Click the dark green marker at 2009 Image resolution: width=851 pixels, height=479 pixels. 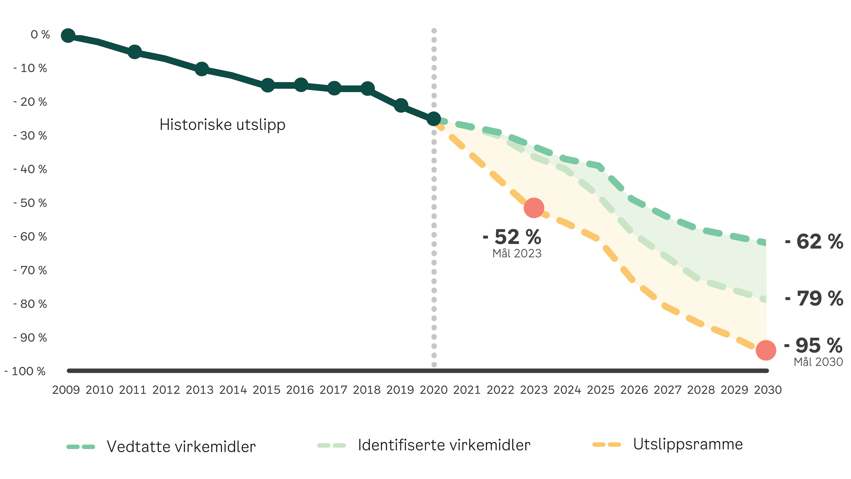tap(68, 35)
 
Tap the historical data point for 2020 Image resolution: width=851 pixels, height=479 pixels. tap(434, 118)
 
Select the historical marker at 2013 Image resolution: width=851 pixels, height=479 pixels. tap(202, 69)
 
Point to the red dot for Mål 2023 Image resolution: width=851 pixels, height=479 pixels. tap(534, 208)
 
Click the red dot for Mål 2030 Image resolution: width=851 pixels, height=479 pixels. tap(766, 350)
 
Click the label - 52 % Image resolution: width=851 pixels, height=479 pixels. tap(512, 237)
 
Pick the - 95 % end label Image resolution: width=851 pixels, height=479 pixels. tap(813, 345)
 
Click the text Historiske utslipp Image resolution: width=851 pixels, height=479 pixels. tap(222, 125)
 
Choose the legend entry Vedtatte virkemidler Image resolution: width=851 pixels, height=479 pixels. tap(181, 447)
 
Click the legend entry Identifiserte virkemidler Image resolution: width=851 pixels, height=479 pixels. tap(444, 445)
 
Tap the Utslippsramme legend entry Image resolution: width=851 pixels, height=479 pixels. tap(688, 444)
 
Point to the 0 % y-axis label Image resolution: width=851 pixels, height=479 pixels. tap(40, 34)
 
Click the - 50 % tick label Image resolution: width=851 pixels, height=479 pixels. tap(30, 203)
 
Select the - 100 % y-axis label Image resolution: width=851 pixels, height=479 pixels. tap(25, 371)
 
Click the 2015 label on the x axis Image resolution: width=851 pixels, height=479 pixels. tap(266, 390)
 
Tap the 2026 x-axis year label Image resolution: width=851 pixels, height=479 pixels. tap(634, 390)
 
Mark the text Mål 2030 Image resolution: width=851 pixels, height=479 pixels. tap(818, 362)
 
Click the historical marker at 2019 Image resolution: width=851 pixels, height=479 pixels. tap(401, 105)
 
